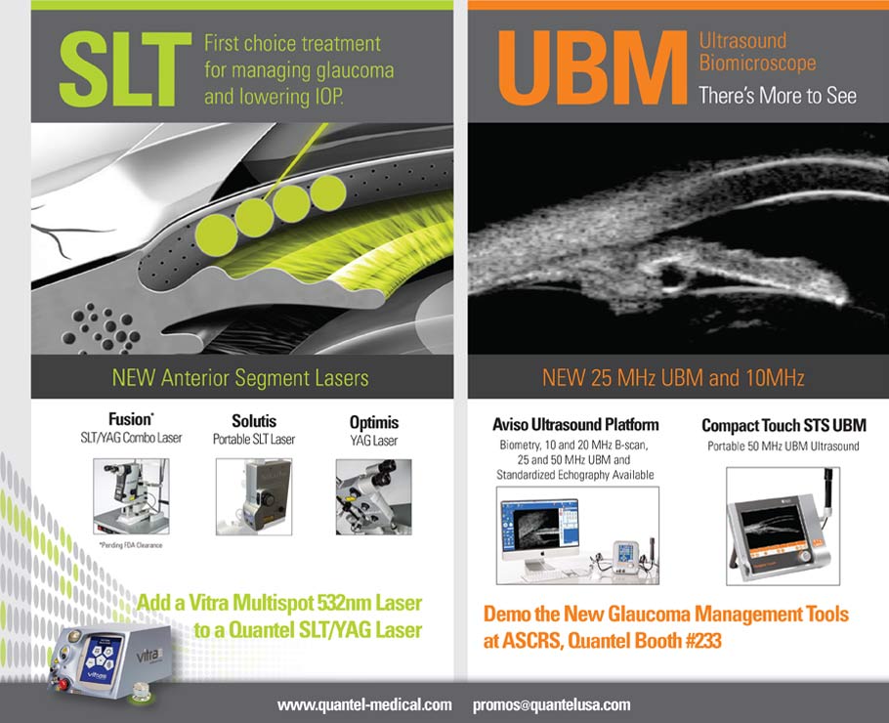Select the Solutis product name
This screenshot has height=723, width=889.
click(x=253, y=422)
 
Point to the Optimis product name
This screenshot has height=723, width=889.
click(x=374, y=422)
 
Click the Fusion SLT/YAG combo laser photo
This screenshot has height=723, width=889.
click(x=131, y=496)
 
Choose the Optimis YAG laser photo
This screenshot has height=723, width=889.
click(x=375, y=496)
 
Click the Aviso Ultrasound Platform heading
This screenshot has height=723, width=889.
click(x=575, y=425)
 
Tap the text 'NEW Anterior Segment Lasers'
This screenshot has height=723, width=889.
click(x=240, y=377)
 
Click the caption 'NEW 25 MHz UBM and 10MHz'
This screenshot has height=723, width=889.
click(x=673, y=377)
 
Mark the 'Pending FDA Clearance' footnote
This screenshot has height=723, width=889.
click(x=132, y=544)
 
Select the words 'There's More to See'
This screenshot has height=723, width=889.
click(x=777, y=95)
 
